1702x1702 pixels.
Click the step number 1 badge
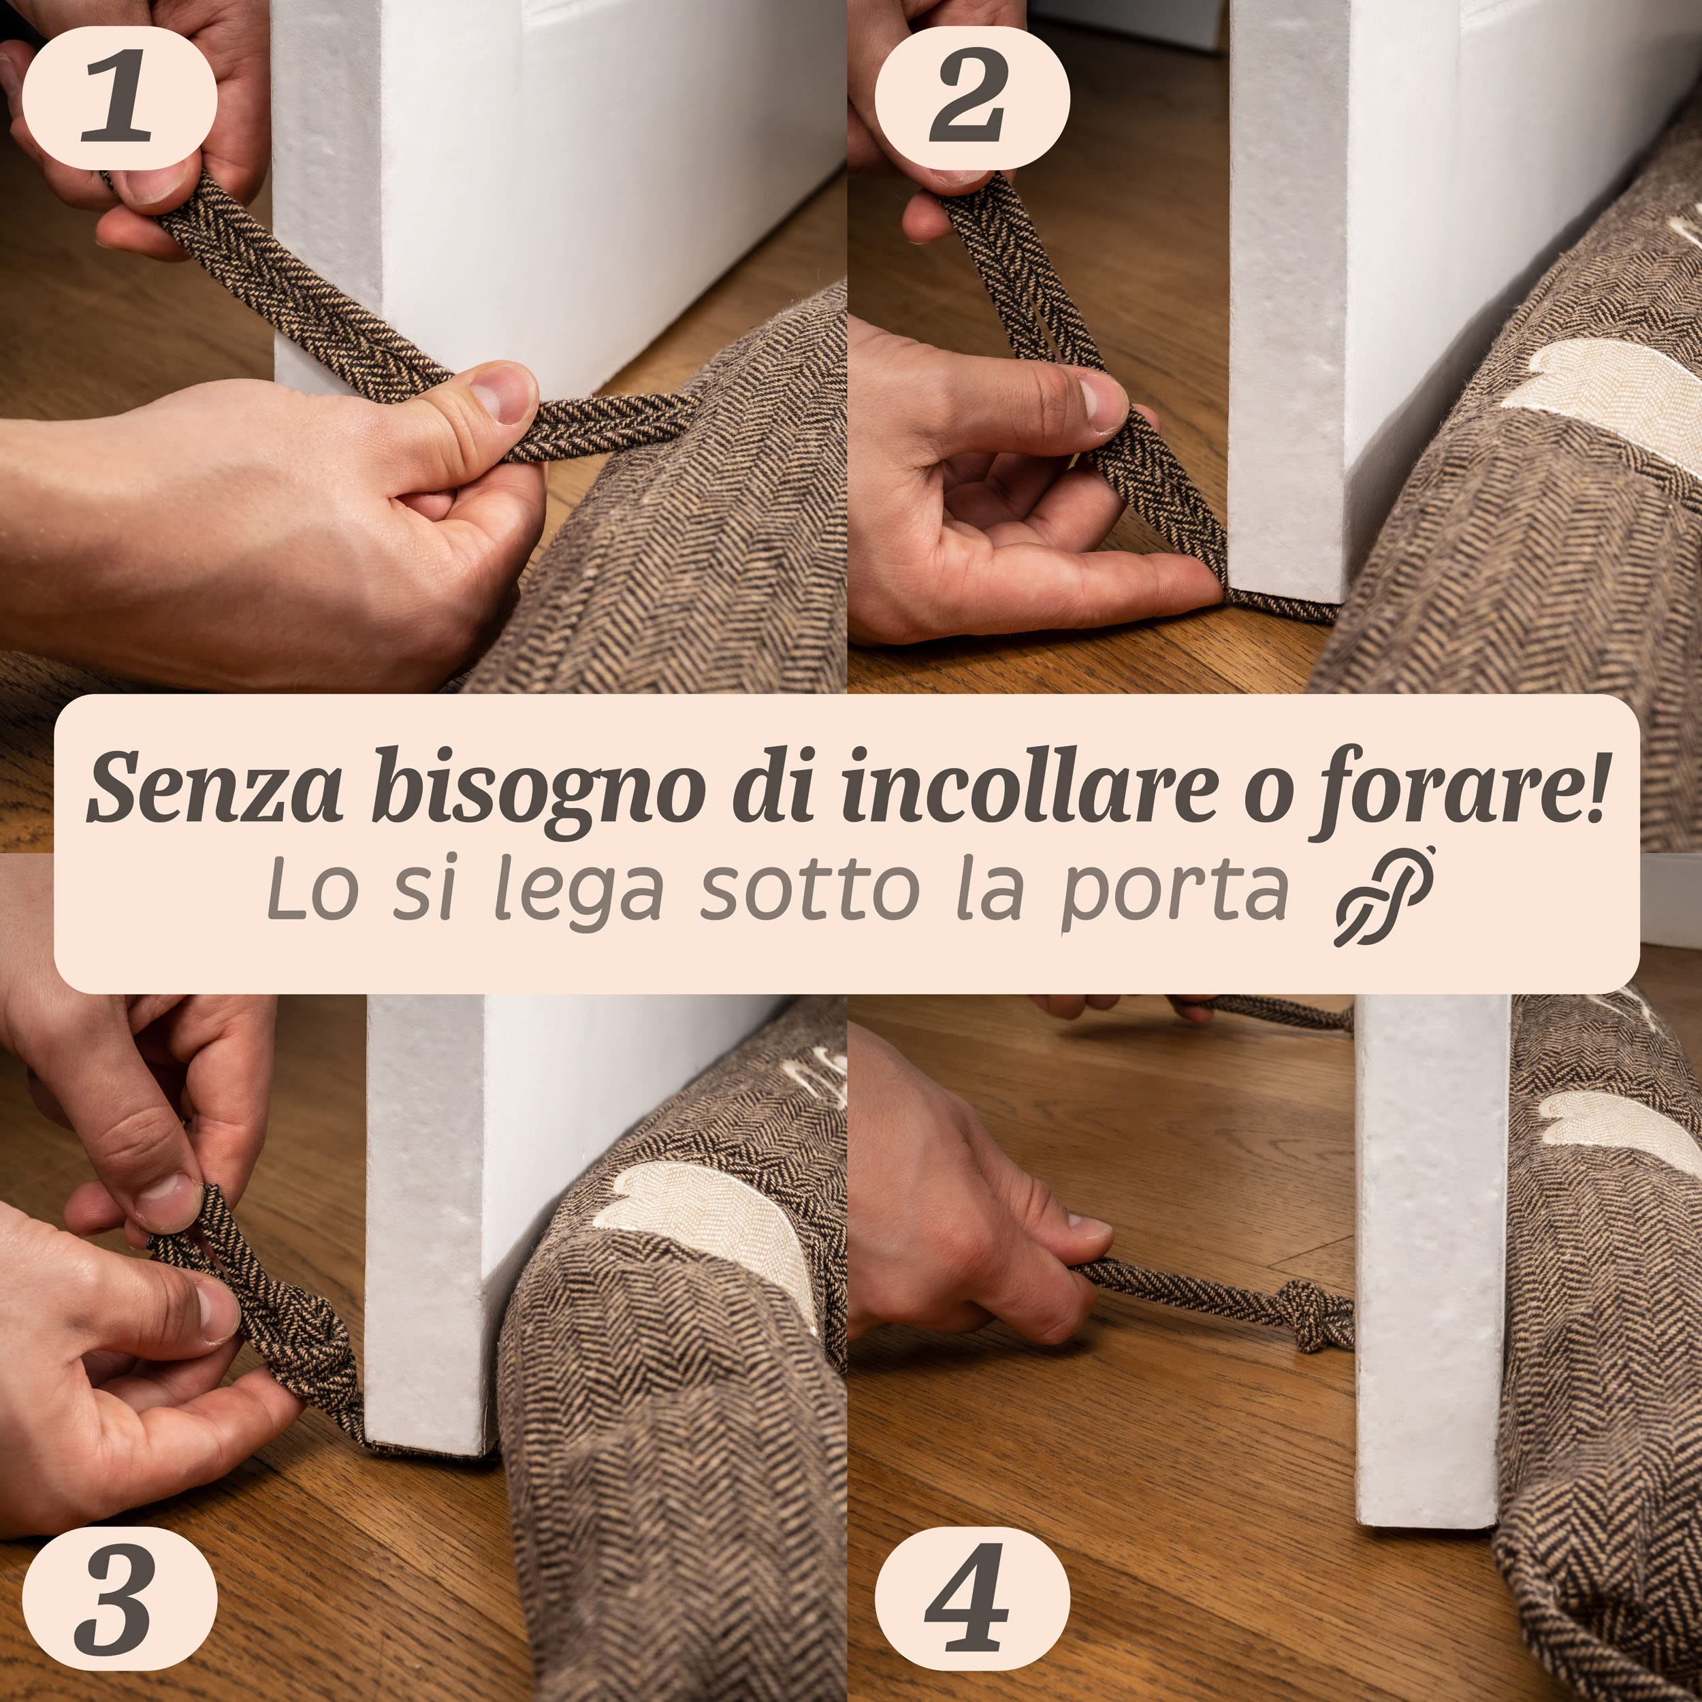tap(118, 97)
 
